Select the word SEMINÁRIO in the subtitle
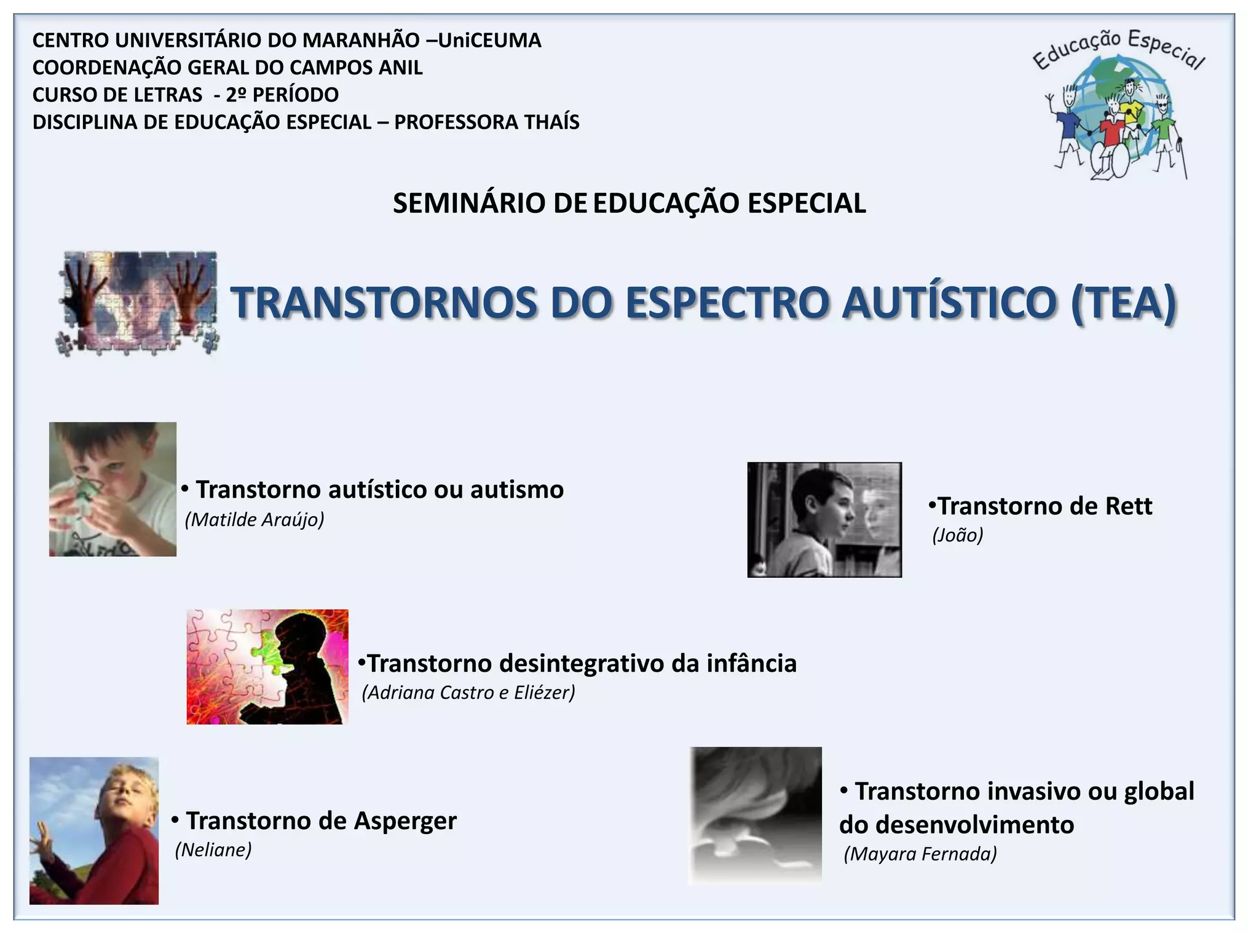tap(470, 203)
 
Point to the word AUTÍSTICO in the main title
tap(949, 303)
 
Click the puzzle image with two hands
tap(139, 303)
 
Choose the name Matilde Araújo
tap(255, 520)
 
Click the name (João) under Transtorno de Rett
tap(958, 535)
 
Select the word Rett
tap(1129, 506)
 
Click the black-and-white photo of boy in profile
tap(824, 520)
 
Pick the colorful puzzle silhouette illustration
tap(267, 667)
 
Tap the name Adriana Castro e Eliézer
tap(468, 693)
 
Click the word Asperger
tap(405, 821)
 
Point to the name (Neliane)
tap(213, 850)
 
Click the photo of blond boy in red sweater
tap(94, 830)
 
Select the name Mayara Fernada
tap(920, 854)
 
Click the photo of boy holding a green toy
tap(112, 489)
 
